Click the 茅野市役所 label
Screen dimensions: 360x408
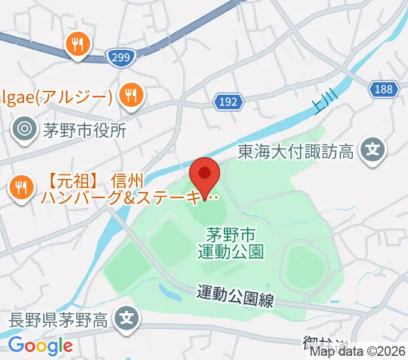pyautogui.click(x=84, y=130)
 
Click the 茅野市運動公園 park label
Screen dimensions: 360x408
pyautogui.click(x=230, y=242)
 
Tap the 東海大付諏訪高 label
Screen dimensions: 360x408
pyautogui.click(x=296, y=150)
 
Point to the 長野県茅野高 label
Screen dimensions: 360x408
pyautogui.click(x=58, y=319)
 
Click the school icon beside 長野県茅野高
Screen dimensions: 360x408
pyautogui.click(x=127, y=316)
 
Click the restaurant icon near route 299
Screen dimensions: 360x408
pyautogui.click(x=79, y=44)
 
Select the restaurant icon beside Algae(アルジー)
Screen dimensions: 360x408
pyautogui.click(x=130, y=95)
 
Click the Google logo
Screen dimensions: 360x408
pyautogui.click(x=40, y=346)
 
